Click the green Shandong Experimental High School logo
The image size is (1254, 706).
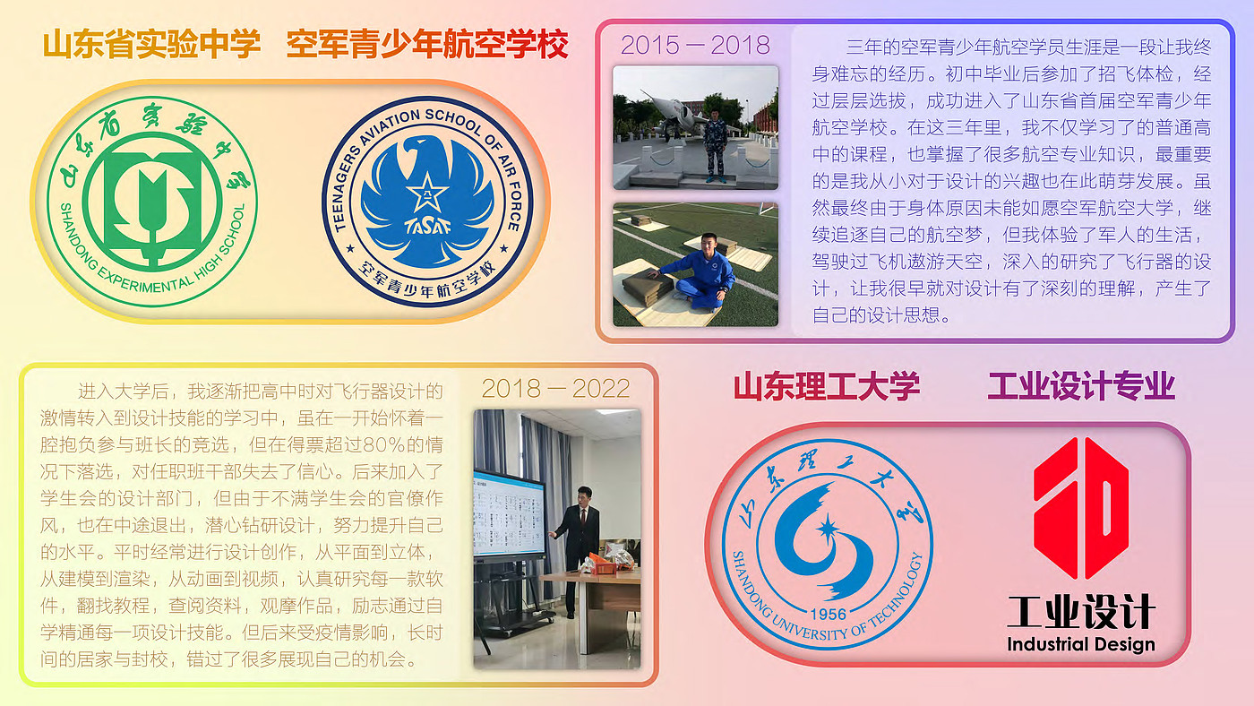pos(152,202)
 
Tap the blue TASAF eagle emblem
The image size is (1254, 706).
pos(428,202)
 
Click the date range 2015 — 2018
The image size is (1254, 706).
pos(695,46)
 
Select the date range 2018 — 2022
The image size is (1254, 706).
pos(555,389)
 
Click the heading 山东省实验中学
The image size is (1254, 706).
pos(151,44)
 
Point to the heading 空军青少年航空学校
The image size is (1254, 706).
pos(428,44)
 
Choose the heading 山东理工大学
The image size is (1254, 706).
pos(827,386)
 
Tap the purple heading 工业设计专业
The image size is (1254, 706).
pos(1081,386)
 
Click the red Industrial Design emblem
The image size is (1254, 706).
pos(1081,508)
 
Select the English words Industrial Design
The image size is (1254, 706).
pos(1081,644)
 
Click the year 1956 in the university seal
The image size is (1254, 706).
pos(828,615)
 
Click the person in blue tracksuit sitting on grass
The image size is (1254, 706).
pos(700,271)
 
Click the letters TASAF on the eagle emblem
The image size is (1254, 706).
pos(428,227)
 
